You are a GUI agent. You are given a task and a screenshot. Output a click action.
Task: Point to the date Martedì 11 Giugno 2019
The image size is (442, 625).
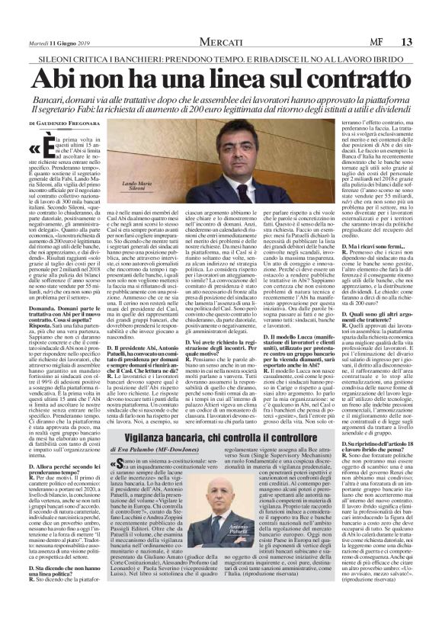pyautogui.click(x=56, y=42)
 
